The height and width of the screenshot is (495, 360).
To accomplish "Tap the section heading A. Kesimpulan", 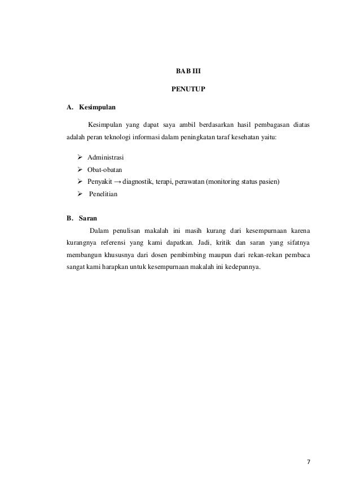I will click(87, 107).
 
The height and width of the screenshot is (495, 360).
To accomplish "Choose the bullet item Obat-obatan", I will click(104, 169).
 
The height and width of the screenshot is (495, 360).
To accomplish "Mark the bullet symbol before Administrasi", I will click(80, 156).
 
